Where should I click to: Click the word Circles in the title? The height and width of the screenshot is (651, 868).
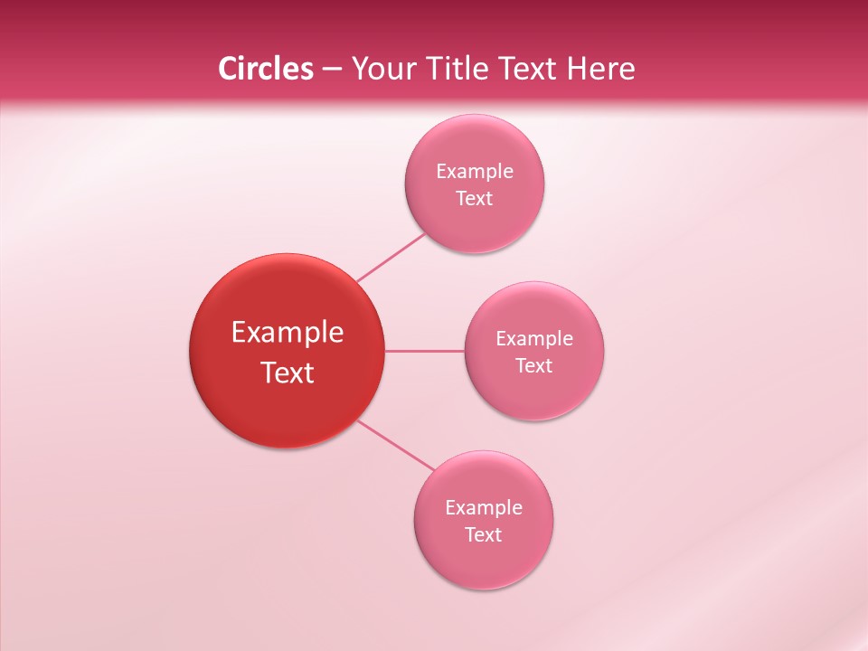click(x=265, y=69)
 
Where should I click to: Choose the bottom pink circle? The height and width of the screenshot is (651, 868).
click(x=483, y=557)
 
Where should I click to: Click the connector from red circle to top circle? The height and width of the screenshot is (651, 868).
click(x=391, y=257)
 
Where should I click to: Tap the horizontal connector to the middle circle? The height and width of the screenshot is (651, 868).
click(x=425, y=351)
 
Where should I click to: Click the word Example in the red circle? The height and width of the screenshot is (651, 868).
click(x=288, y=333)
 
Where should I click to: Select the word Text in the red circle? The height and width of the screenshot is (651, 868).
click(x=288, y=373)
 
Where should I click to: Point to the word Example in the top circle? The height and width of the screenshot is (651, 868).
click(x=475, y=172)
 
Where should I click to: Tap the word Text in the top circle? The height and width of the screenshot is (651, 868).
click(x=474, y=199)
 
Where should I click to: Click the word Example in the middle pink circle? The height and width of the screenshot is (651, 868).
click(x=534, y=339)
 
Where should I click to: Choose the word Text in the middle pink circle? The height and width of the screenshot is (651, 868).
click(x=533, y=366)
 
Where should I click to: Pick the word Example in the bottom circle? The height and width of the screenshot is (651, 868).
click(x=484, y=508)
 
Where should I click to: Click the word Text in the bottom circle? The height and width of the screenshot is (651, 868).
click(x=483, y=535)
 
